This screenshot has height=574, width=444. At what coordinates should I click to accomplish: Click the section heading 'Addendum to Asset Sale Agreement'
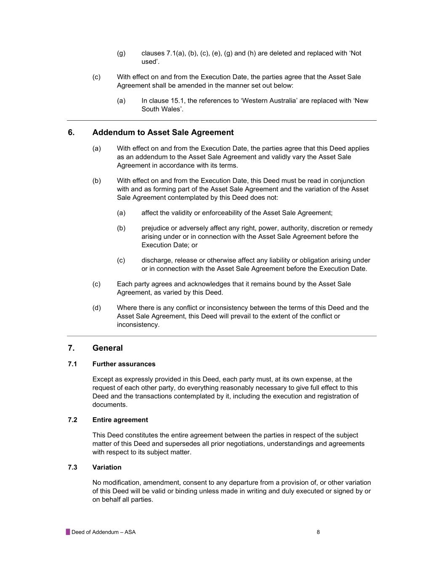tap(163, 132)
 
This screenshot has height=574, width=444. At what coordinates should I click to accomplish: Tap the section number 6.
tap(71, 132)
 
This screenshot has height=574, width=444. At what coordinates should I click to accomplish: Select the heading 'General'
tap(107, 348)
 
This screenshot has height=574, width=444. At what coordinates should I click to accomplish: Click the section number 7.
tap(71, 348)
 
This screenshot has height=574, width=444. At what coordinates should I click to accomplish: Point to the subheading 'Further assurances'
tap(124, 364)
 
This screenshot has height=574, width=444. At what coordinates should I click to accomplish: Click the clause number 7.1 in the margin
tap(72, 364)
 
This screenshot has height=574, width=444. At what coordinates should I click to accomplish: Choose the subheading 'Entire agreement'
tap(120, 420)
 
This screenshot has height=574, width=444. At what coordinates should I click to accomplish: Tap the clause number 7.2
tap(72, 420)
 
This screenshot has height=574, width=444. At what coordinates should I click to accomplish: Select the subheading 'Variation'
tap(107, 468)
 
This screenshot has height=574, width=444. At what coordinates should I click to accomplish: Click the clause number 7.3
tap(72, 468)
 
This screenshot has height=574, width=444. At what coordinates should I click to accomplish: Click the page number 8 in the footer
tap(318, 532)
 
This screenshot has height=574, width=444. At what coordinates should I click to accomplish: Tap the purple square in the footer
tap(68, 532)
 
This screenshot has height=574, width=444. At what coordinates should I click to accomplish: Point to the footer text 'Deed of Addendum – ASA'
tap(104, 532)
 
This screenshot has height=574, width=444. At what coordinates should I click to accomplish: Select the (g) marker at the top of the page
tap(121, 53)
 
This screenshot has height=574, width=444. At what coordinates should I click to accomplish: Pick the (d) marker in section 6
tap(97, 308)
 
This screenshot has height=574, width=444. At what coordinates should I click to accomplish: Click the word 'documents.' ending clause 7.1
tap(109, 405)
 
